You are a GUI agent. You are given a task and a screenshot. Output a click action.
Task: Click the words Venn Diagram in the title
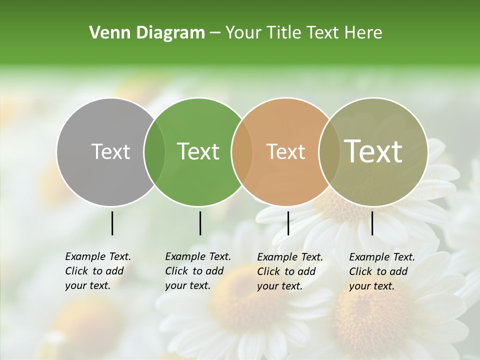pos(146,33)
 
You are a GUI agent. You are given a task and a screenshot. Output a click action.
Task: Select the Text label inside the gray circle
pos(110,151)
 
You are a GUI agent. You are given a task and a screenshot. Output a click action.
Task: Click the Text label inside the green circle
pos(198,151)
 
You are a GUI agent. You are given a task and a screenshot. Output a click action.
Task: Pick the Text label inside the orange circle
pos(285,151)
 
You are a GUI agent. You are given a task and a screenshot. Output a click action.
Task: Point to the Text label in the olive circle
pos(373,151)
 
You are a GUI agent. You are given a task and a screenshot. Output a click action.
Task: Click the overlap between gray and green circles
pos(154,151)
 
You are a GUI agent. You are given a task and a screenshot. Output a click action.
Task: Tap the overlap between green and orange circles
pos(242,151)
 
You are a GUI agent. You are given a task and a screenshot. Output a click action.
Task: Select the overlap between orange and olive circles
pos(328,151)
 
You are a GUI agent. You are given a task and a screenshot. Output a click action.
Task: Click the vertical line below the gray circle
pos(112,223)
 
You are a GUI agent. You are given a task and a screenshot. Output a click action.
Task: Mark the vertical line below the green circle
pos(200,223)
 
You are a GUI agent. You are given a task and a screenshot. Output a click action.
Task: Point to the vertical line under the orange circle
pos(288,223)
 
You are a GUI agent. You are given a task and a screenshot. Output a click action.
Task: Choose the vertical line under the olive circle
pos(372,223)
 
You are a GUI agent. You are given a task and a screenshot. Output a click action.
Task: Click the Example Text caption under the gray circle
pos(97,271)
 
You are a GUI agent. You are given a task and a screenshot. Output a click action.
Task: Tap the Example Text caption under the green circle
pos(197,271)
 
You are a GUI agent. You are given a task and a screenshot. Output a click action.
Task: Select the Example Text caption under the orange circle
pos(289,271)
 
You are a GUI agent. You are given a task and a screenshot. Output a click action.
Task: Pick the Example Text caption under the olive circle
pos(381,271)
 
